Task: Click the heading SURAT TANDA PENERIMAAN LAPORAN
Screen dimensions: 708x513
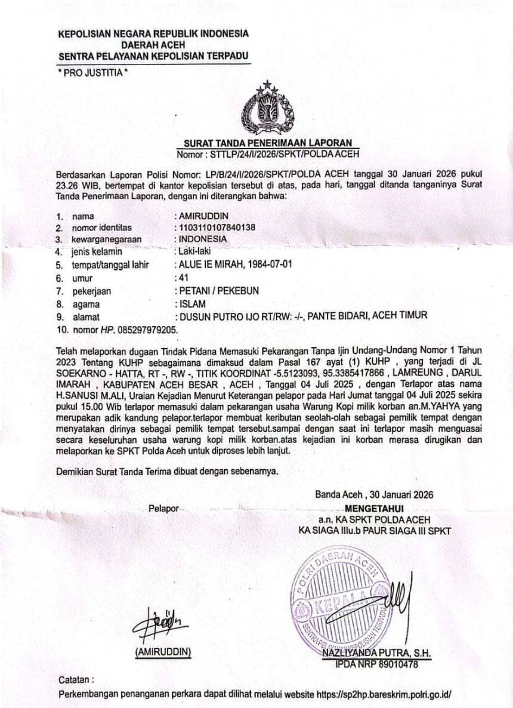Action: pyautogui.click(x=268, y=143)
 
